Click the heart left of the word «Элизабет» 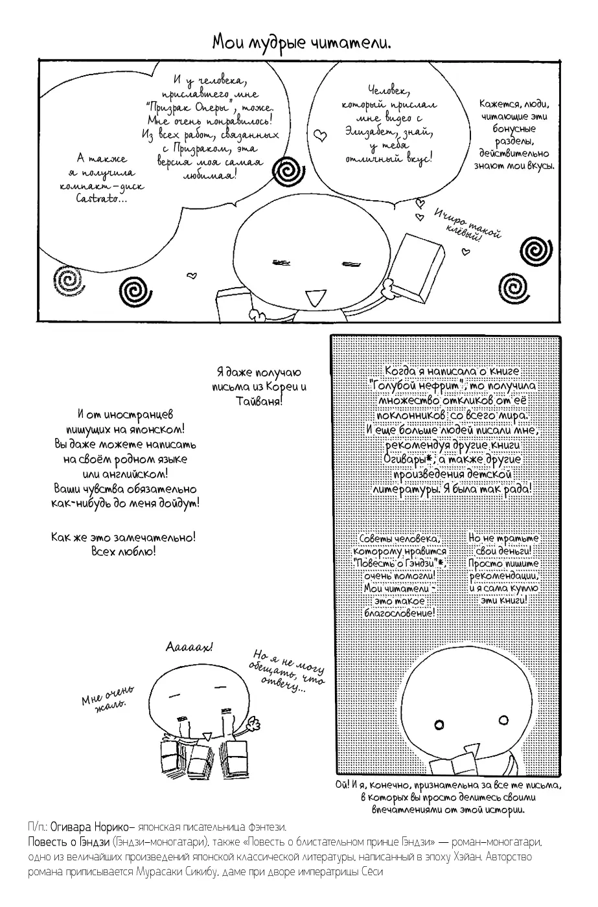tap(319, 135)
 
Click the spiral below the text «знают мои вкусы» tap(536, 250)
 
